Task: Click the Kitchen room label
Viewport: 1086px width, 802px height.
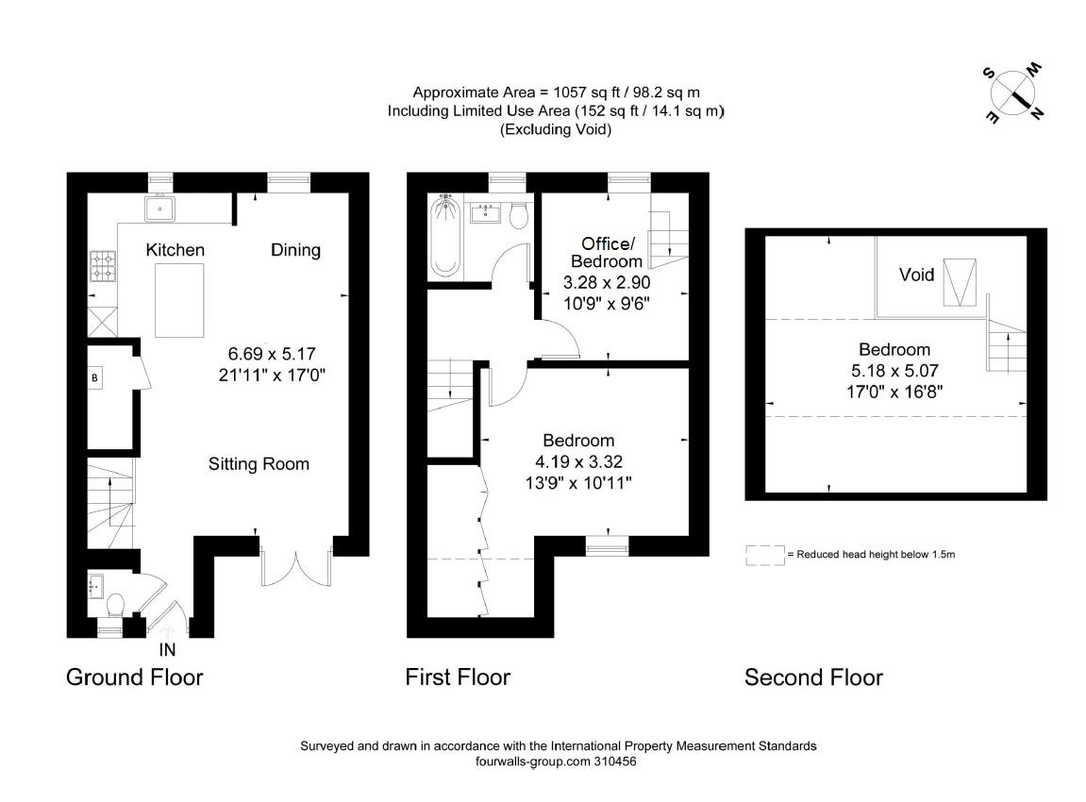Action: (175, 250)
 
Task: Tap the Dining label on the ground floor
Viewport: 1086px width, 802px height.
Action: (295, 250)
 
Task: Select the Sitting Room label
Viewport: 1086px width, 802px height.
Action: (259, 464)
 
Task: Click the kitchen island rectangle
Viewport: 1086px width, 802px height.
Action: (179, 300)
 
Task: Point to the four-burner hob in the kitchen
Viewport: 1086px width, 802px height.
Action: (103, 266)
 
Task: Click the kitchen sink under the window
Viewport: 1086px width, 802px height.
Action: (160, 208)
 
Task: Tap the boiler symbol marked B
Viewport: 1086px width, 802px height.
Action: (95, 378)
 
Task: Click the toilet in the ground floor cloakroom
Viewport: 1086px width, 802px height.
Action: (115, 605)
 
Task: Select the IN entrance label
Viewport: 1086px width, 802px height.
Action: (167, 650)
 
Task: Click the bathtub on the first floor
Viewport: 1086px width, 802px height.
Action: (444, 236)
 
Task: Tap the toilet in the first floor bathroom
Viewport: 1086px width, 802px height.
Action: (519, 215)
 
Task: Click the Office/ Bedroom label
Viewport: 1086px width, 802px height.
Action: (607, 252)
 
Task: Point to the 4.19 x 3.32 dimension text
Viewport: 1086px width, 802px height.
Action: (579, 462)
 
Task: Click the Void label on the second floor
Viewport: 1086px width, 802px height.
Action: (916, 275)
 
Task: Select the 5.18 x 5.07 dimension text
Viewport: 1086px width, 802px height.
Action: (894, 371)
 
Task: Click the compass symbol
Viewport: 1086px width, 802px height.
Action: (1013, 93)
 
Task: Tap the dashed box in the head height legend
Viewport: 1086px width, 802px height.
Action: (764, 555)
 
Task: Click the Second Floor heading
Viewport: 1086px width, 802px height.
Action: (814, 677)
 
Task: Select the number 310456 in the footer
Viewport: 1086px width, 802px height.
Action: (615, 761)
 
